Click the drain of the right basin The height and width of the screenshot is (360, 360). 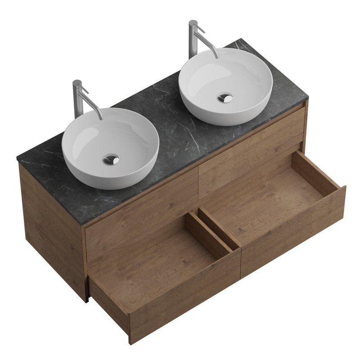225,97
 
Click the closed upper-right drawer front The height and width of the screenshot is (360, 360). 252,144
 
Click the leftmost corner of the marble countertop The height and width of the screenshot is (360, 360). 18,158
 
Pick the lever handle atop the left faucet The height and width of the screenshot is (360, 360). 83,90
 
